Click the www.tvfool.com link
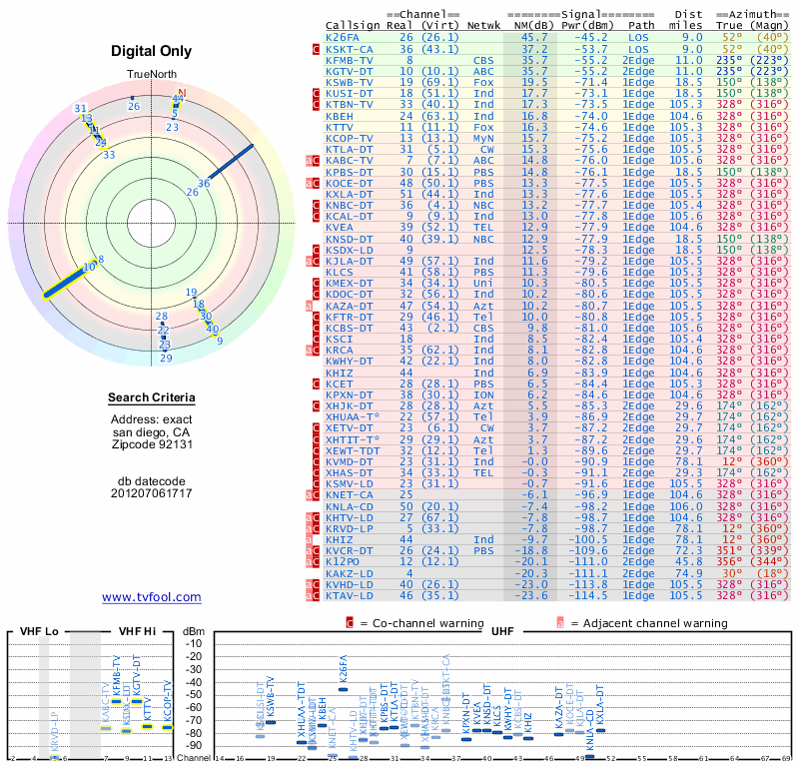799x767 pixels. pos(152,597)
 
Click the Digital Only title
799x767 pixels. pos(152,51)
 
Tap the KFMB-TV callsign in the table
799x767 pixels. pos(350,59)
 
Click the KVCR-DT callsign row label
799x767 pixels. pos(350,551)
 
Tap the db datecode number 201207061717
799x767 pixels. pos(152,493)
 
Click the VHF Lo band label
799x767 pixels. pos(37,631)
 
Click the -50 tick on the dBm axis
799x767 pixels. pos(194,694)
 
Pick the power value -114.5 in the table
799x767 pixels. pos(599,595)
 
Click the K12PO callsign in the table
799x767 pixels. pos(346,562)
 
